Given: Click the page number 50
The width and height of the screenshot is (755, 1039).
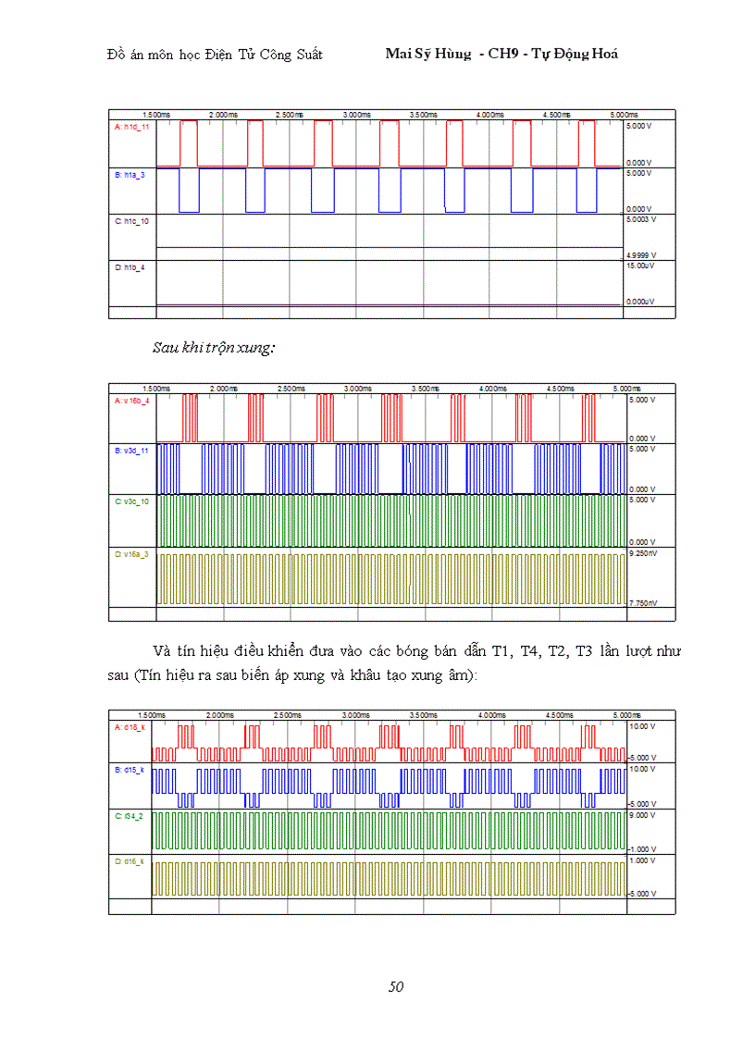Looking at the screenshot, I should coord(396,986).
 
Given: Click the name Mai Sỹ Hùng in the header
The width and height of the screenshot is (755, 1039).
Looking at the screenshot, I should coord(427,54).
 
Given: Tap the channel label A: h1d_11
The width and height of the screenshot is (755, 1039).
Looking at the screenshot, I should coord(131,127).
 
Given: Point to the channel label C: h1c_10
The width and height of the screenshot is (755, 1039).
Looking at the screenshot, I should coord(131,221).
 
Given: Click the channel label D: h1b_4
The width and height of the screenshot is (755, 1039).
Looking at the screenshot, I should coord(130,267).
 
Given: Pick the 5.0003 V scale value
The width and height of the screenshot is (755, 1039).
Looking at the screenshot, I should coord(642,220).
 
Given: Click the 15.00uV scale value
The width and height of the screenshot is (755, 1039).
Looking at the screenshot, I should coord(641,266).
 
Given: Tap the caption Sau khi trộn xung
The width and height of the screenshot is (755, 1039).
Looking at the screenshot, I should coord(214,349).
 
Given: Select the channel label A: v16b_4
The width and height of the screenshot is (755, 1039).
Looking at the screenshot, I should coord(131,402).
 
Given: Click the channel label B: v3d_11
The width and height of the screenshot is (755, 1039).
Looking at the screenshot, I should coord(131,450).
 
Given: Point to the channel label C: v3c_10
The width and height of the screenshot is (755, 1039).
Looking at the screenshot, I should coord(131,501).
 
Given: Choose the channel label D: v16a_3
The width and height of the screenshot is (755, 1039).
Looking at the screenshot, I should coord(131,553).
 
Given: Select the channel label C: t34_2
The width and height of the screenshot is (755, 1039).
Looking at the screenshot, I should coord(130,816).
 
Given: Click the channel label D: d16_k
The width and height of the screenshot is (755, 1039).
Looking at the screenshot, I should coord(130,861).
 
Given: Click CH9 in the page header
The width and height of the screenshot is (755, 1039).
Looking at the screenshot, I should coord(505,54).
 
